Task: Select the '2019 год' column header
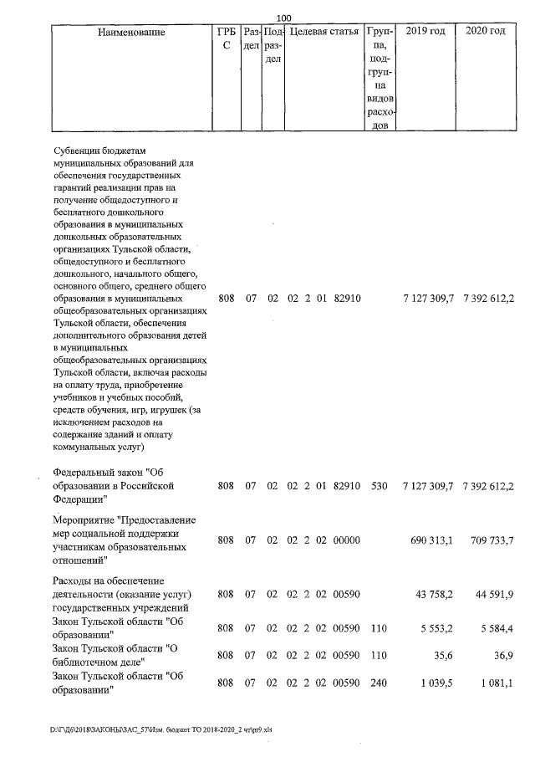click(x=425, y=32)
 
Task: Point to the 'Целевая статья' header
click(x=324, y=32)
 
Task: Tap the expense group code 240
click(x=379, y=683)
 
